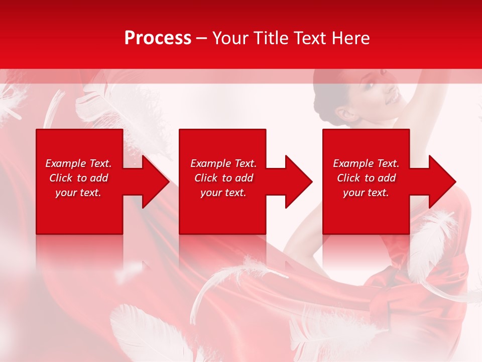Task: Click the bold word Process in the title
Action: click(x=158, y=38)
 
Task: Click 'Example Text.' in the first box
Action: click(x=78, y=163)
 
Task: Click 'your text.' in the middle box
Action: click(x=223, y=193)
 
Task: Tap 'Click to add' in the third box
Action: click(x=366, y=178)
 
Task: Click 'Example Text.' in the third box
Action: click(x=366, y=163)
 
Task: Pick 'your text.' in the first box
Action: click(x=78, y=193)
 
